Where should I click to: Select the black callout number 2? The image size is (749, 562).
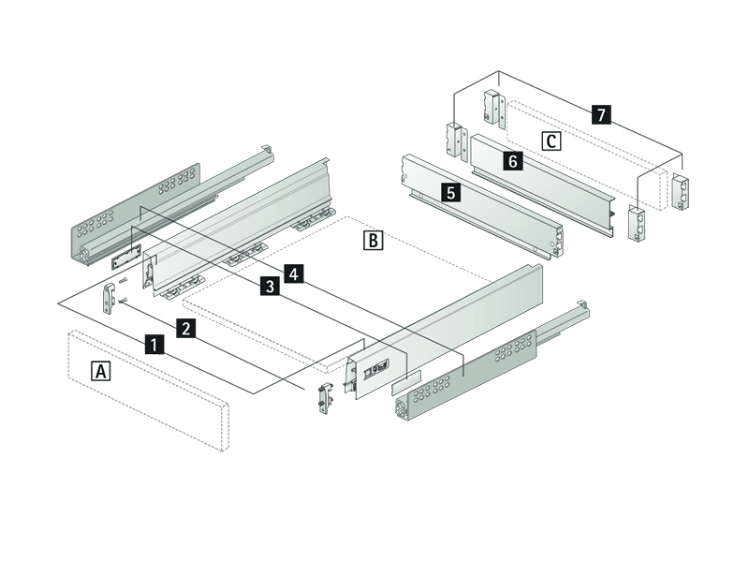click(x=187, y=328)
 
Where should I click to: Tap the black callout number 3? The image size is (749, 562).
click(x=270, y=287)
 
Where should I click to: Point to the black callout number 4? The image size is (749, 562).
click(x=294, y=274)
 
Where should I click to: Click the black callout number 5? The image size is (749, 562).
click(x=451, y=194)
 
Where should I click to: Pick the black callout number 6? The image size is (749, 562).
click(x=512, y=161)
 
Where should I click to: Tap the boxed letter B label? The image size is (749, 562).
click(x=373, y=241)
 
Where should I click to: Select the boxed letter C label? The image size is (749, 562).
click(x=552, y=141)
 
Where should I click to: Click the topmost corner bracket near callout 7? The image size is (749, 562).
click(x=492, y=107)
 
